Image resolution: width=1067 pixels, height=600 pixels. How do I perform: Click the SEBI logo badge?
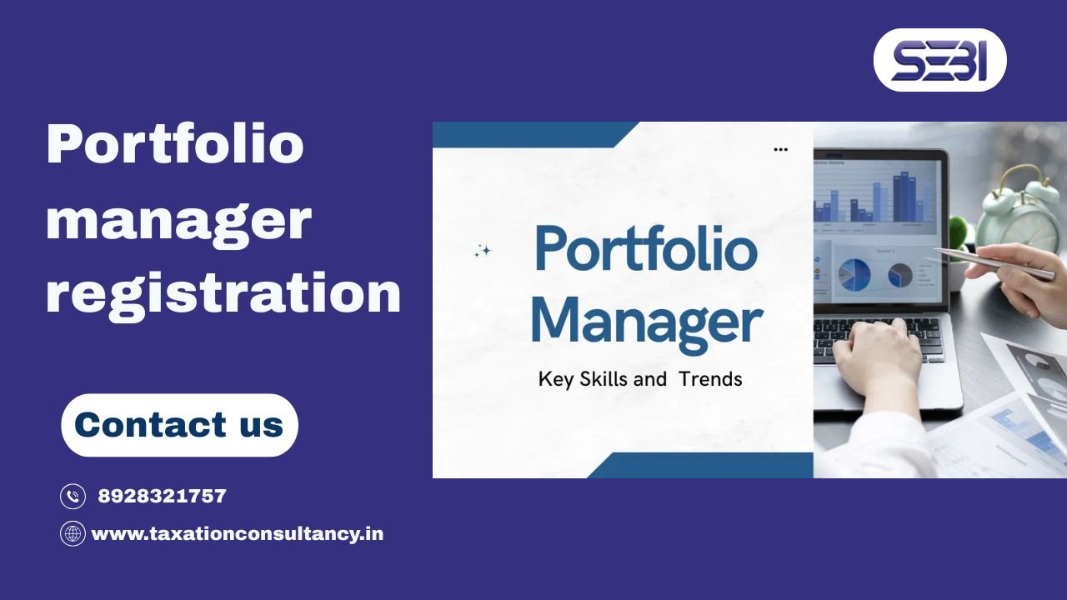[x=939, y=60]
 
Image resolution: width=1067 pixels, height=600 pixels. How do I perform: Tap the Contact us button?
[x=179, y=425]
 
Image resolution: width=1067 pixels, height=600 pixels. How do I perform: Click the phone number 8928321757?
[x=162, y=497]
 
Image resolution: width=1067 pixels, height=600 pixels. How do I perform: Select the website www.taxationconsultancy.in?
[x=237, y=533]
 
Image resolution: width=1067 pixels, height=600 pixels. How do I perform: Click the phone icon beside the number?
[x=73, y=497]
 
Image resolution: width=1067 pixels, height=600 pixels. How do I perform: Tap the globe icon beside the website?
[x=73, y=533]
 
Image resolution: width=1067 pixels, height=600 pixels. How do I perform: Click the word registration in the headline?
[x=223, y=293]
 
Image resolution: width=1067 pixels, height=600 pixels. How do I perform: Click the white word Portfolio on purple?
[x=174, y=143]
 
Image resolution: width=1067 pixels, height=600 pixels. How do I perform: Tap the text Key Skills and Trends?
[x=640, y=379]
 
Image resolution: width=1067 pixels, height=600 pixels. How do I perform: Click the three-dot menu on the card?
[x=780, y=150]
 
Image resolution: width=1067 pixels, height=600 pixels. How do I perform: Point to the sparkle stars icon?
[x=483, y=251]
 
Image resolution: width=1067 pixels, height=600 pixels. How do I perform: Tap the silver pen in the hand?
[x=992, y=263]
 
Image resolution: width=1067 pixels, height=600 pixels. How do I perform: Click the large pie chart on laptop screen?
[x=854, y=272]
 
